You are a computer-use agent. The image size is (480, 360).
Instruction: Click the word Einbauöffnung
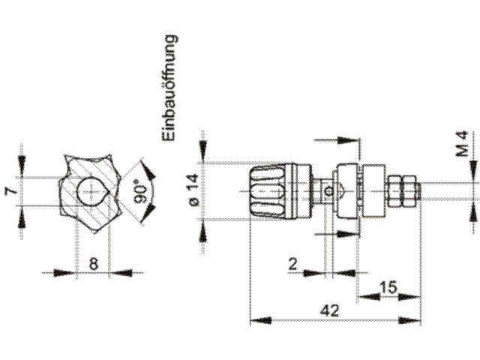click(x=169, y=88)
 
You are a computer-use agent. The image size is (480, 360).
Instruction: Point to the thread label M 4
click(x=463, y=144)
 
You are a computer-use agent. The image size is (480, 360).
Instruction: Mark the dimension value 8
click(x=94, y=264)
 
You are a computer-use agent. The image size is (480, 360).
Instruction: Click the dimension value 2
click(x=293, y=265)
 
